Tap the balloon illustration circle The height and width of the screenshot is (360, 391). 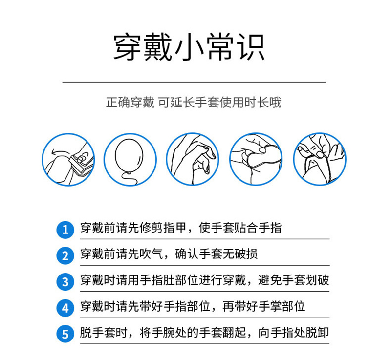coord(130,160)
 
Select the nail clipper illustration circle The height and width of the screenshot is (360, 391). coord(68,160)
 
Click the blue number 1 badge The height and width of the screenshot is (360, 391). coord(65,229)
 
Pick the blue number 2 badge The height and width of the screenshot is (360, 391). coord(65,255)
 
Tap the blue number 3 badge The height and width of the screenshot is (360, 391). coord(65,281)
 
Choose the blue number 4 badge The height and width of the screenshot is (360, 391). coord(65,308)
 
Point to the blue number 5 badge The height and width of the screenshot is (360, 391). coord(65,335)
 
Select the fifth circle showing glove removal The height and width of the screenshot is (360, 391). coord(319,160)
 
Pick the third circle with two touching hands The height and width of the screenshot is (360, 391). coord(193,160)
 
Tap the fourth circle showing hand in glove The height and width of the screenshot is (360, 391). coord(256,160)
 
